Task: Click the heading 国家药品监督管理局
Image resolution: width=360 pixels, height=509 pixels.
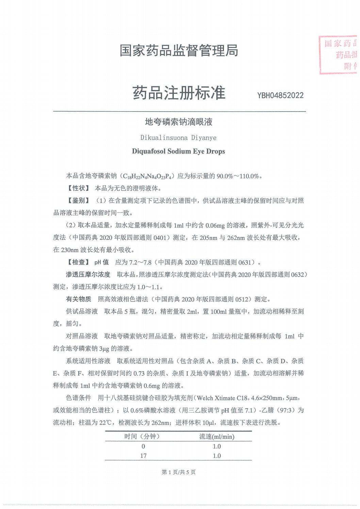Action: pos(179,51)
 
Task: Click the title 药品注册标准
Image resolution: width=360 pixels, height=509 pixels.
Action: pos(179,93)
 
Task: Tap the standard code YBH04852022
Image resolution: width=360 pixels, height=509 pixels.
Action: pos(280,96)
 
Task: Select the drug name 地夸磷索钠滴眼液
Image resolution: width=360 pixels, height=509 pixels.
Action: pos(179,122)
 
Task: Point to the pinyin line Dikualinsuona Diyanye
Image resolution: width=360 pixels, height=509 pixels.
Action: pos(178,138)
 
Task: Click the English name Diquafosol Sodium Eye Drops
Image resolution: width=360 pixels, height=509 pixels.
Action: pos(178,151)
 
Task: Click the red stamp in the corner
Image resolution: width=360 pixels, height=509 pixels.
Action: pos(339,55)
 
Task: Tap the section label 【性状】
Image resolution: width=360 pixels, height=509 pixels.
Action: pos(78,188)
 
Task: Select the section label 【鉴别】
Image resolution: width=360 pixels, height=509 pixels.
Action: pos(78,201)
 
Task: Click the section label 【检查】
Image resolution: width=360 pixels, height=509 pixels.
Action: pos(78,262)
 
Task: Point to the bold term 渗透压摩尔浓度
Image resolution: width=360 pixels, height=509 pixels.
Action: pos(88,274)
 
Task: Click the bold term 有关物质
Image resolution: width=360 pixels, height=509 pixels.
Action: pos(79,299)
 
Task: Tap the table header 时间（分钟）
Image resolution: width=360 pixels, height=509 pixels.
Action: pos(142,437)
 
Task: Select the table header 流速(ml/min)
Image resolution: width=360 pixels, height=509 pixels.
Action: pos(217,437)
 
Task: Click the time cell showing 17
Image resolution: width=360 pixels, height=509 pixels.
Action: pos(143,456)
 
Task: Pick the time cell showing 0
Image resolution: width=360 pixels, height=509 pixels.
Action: pos(143,446)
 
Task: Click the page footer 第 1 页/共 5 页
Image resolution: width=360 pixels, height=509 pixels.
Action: pos(179,472)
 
